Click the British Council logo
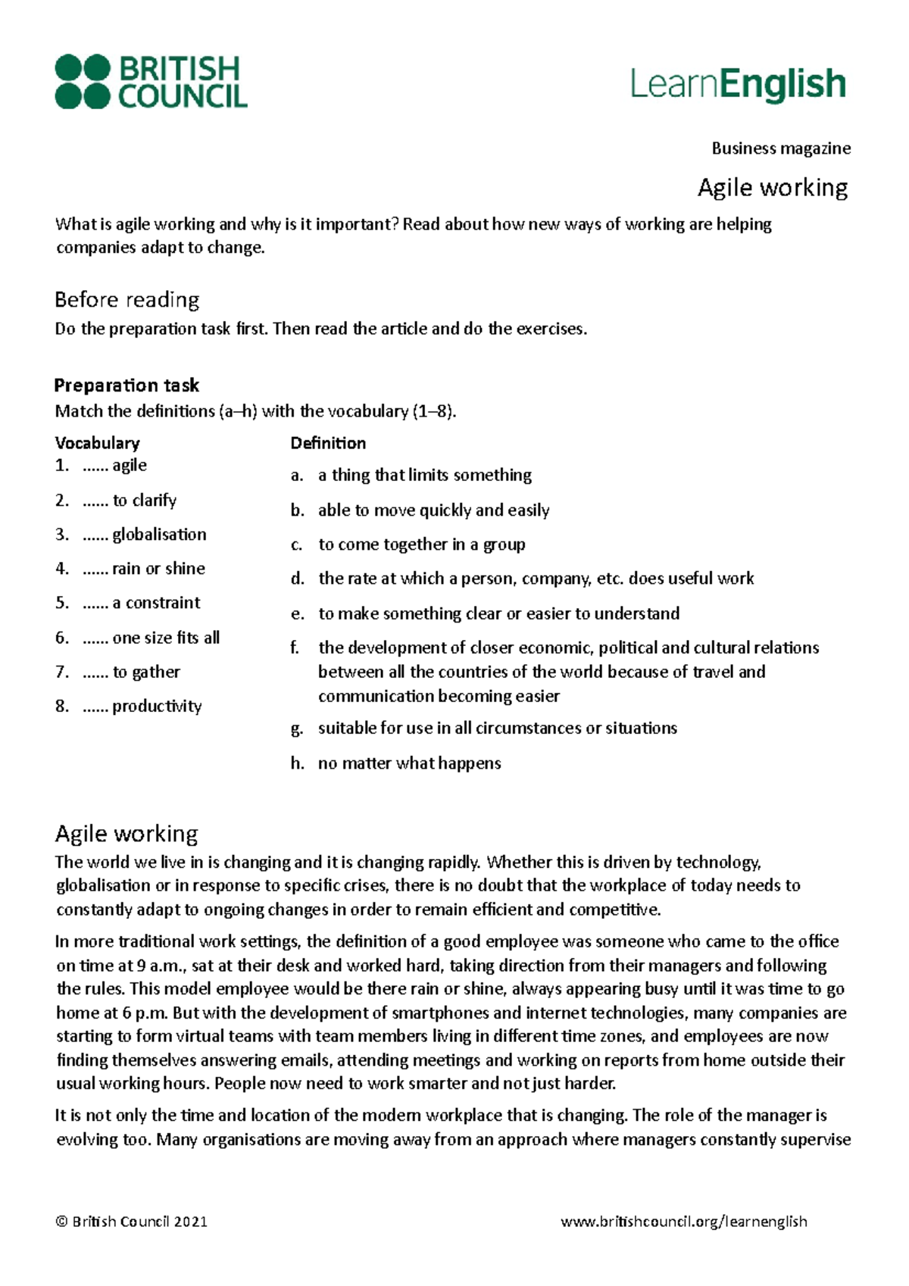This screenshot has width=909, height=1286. coord(151,82)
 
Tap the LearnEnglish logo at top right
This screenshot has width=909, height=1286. coord(738,85)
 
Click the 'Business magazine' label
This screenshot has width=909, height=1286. coord(780,148)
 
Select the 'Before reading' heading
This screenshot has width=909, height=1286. coord(127,300)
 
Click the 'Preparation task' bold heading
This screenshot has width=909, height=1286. coord(126,385)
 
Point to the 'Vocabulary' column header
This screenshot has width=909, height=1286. coord(97,443)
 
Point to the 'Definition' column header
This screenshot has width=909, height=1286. coord(328,443)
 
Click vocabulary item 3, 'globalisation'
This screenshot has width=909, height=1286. coord(158,535)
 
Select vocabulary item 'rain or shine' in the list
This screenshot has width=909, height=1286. coord(158,569)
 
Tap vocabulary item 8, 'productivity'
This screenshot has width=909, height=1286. coord(156,707)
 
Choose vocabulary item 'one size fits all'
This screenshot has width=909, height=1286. coord(165,638)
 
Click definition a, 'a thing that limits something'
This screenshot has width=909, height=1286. coord(424,475)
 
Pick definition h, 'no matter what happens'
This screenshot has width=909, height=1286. coord(409,763)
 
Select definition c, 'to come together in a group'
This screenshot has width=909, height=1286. coord(421,545)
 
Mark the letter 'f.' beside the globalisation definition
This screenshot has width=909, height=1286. coord(295,648)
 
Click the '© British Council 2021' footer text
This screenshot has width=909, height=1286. coord(131,1221)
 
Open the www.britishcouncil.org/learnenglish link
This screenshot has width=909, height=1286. coord(683,1221)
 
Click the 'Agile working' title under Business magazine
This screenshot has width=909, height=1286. coord(772,188)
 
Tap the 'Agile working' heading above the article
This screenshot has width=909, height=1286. coord(127,834)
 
